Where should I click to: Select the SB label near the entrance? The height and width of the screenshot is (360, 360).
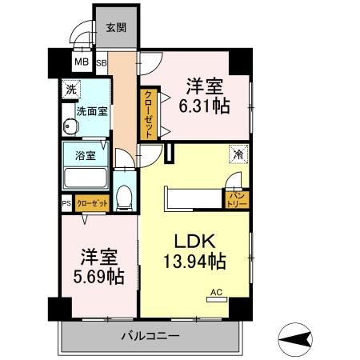(102, 62)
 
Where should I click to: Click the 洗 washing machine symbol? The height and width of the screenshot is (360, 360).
(72, 90)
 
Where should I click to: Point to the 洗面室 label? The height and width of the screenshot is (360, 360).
(92, 112)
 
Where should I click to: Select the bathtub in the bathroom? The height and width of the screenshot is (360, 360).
(86, 178)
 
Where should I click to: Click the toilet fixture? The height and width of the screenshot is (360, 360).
(124, 196)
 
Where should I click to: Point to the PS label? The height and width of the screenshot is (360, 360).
(66, 203)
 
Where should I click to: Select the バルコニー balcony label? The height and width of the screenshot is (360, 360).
(151, 334)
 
